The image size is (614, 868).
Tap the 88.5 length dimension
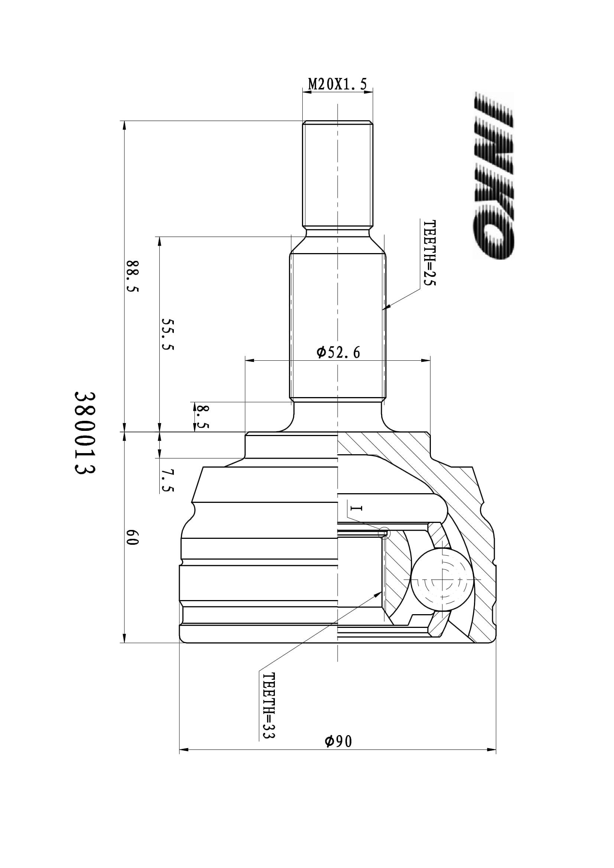133,276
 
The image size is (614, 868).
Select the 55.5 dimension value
167,334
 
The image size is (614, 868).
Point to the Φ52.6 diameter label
338,352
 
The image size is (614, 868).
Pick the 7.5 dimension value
168,481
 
